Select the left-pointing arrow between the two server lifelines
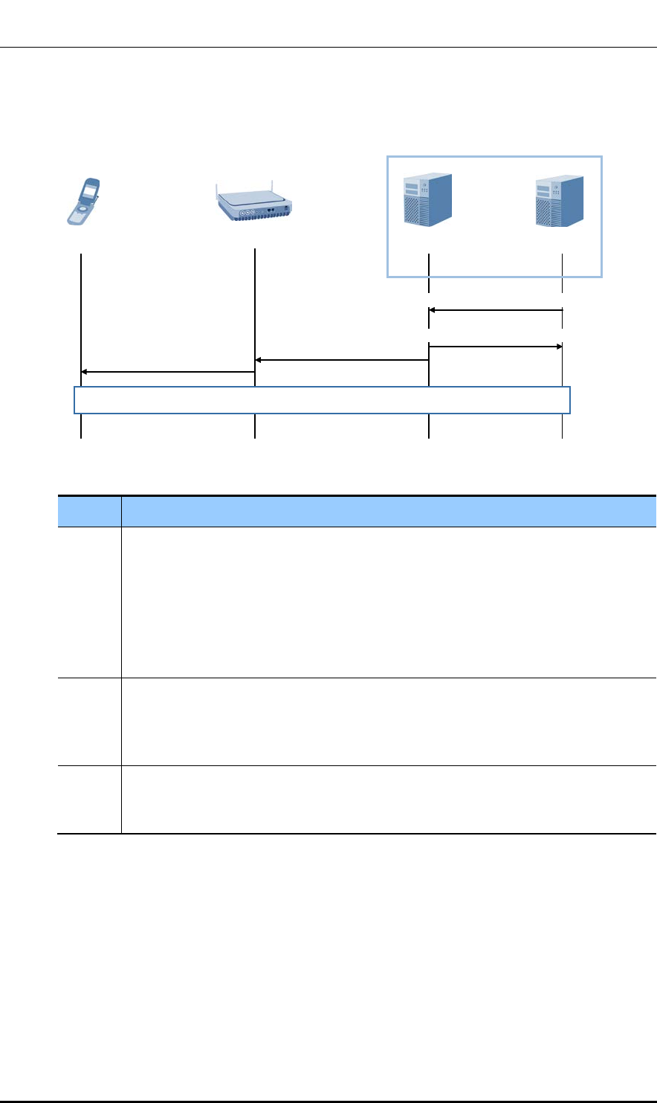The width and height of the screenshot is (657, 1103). point(496,310)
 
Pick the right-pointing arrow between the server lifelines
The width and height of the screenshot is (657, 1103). point(496,347)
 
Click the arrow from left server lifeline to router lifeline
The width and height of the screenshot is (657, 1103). point(342,360)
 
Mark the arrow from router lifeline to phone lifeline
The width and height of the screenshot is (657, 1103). point(167,371)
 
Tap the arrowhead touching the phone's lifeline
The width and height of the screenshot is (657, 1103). point(85,371)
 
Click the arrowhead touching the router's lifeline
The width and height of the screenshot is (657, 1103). point(260,360)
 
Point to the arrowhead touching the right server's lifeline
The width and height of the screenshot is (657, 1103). point(557,347)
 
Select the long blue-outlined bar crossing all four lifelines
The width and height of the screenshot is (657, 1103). point(322,399)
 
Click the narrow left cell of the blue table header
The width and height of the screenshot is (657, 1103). point(89,511)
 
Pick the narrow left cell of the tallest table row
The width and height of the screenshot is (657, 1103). point(89,602)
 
